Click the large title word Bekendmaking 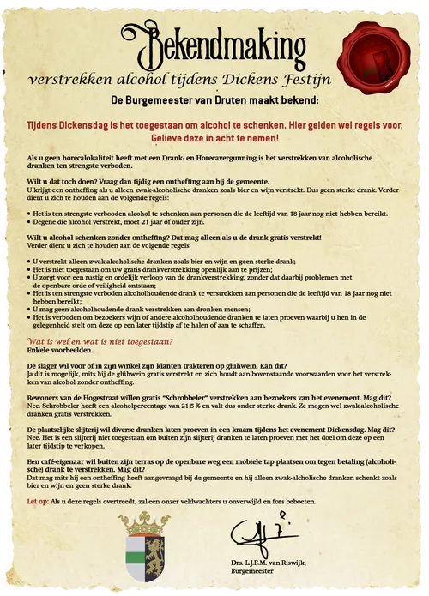[x=209, y=42]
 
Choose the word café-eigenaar [x=59, y=461]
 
